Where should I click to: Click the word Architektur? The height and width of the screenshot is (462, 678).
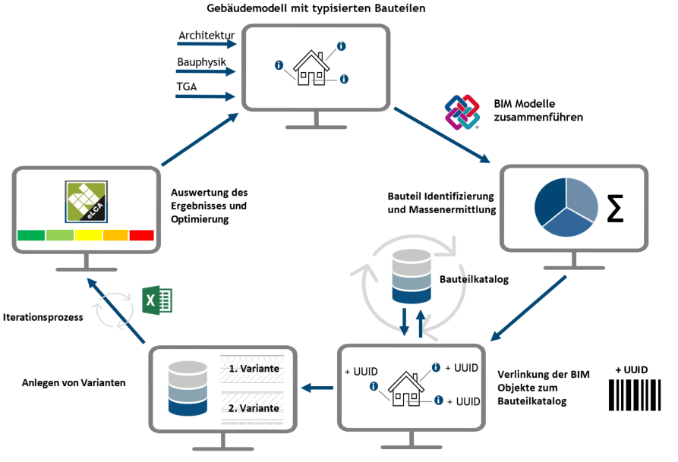point(207,36)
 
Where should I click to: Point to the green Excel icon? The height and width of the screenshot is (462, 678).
point(159,300)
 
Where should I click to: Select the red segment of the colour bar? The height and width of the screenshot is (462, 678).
point(141,236)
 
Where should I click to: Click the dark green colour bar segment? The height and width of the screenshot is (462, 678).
point(31,236)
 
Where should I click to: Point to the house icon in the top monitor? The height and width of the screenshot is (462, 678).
point(311,68)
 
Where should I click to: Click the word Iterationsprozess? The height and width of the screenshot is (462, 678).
point(43,316)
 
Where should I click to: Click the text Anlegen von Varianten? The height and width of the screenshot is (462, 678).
point(74,382)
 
